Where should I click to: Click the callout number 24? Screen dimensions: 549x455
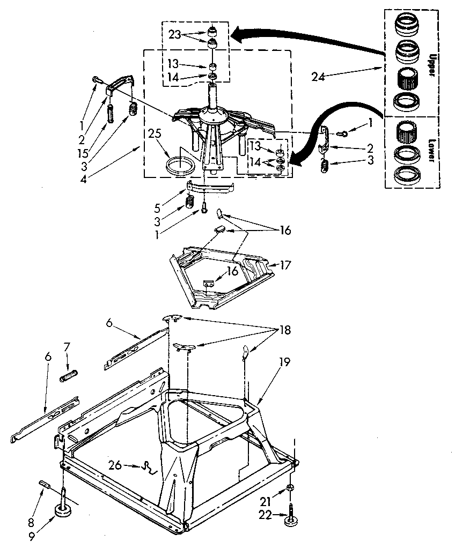point(318,77)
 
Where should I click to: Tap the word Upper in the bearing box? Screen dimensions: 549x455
point(431,58)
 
